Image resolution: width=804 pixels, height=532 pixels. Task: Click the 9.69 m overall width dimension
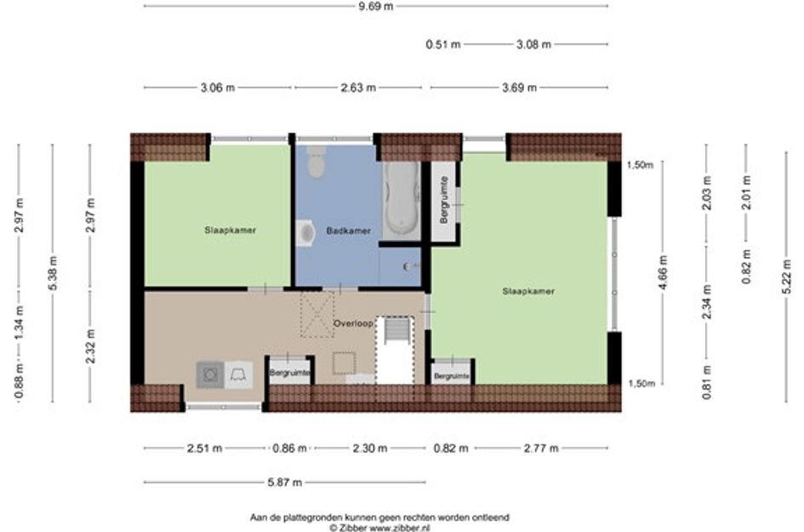(376, 6)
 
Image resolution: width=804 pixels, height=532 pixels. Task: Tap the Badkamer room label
(349, 231)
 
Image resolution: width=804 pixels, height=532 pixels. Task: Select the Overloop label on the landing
(353, 323)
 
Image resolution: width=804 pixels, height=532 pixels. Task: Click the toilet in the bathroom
(316, 161)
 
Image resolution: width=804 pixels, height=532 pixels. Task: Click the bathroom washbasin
(305, 233)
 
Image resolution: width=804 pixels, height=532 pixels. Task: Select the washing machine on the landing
(209, 375)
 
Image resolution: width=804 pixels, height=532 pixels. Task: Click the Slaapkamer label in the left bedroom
(231, 231)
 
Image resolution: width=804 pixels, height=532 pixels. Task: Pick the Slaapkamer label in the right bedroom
(528, 291)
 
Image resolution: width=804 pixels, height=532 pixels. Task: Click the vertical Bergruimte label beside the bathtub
(444, 199)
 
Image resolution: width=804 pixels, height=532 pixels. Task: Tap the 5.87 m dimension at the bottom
(284, 483)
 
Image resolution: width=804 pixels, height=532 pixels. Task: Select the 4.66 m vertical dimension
(663, 272)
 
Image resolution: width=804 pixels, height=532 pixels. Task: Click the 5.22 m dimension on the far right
(786, 277)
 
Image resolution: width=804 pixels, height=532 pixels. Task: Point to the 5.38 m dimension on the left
(52, 273)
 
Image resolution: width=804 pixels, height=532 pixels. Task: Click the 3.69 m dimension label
(519, 88)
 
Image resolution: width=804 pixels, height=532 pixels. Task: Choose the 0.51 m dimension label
(443, 44)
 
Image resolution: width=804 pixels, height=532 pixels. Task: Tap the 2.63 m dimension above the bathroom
(358, 88)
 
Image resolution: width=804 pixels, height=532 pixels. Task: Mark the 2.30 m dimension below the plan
(370, 449)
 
